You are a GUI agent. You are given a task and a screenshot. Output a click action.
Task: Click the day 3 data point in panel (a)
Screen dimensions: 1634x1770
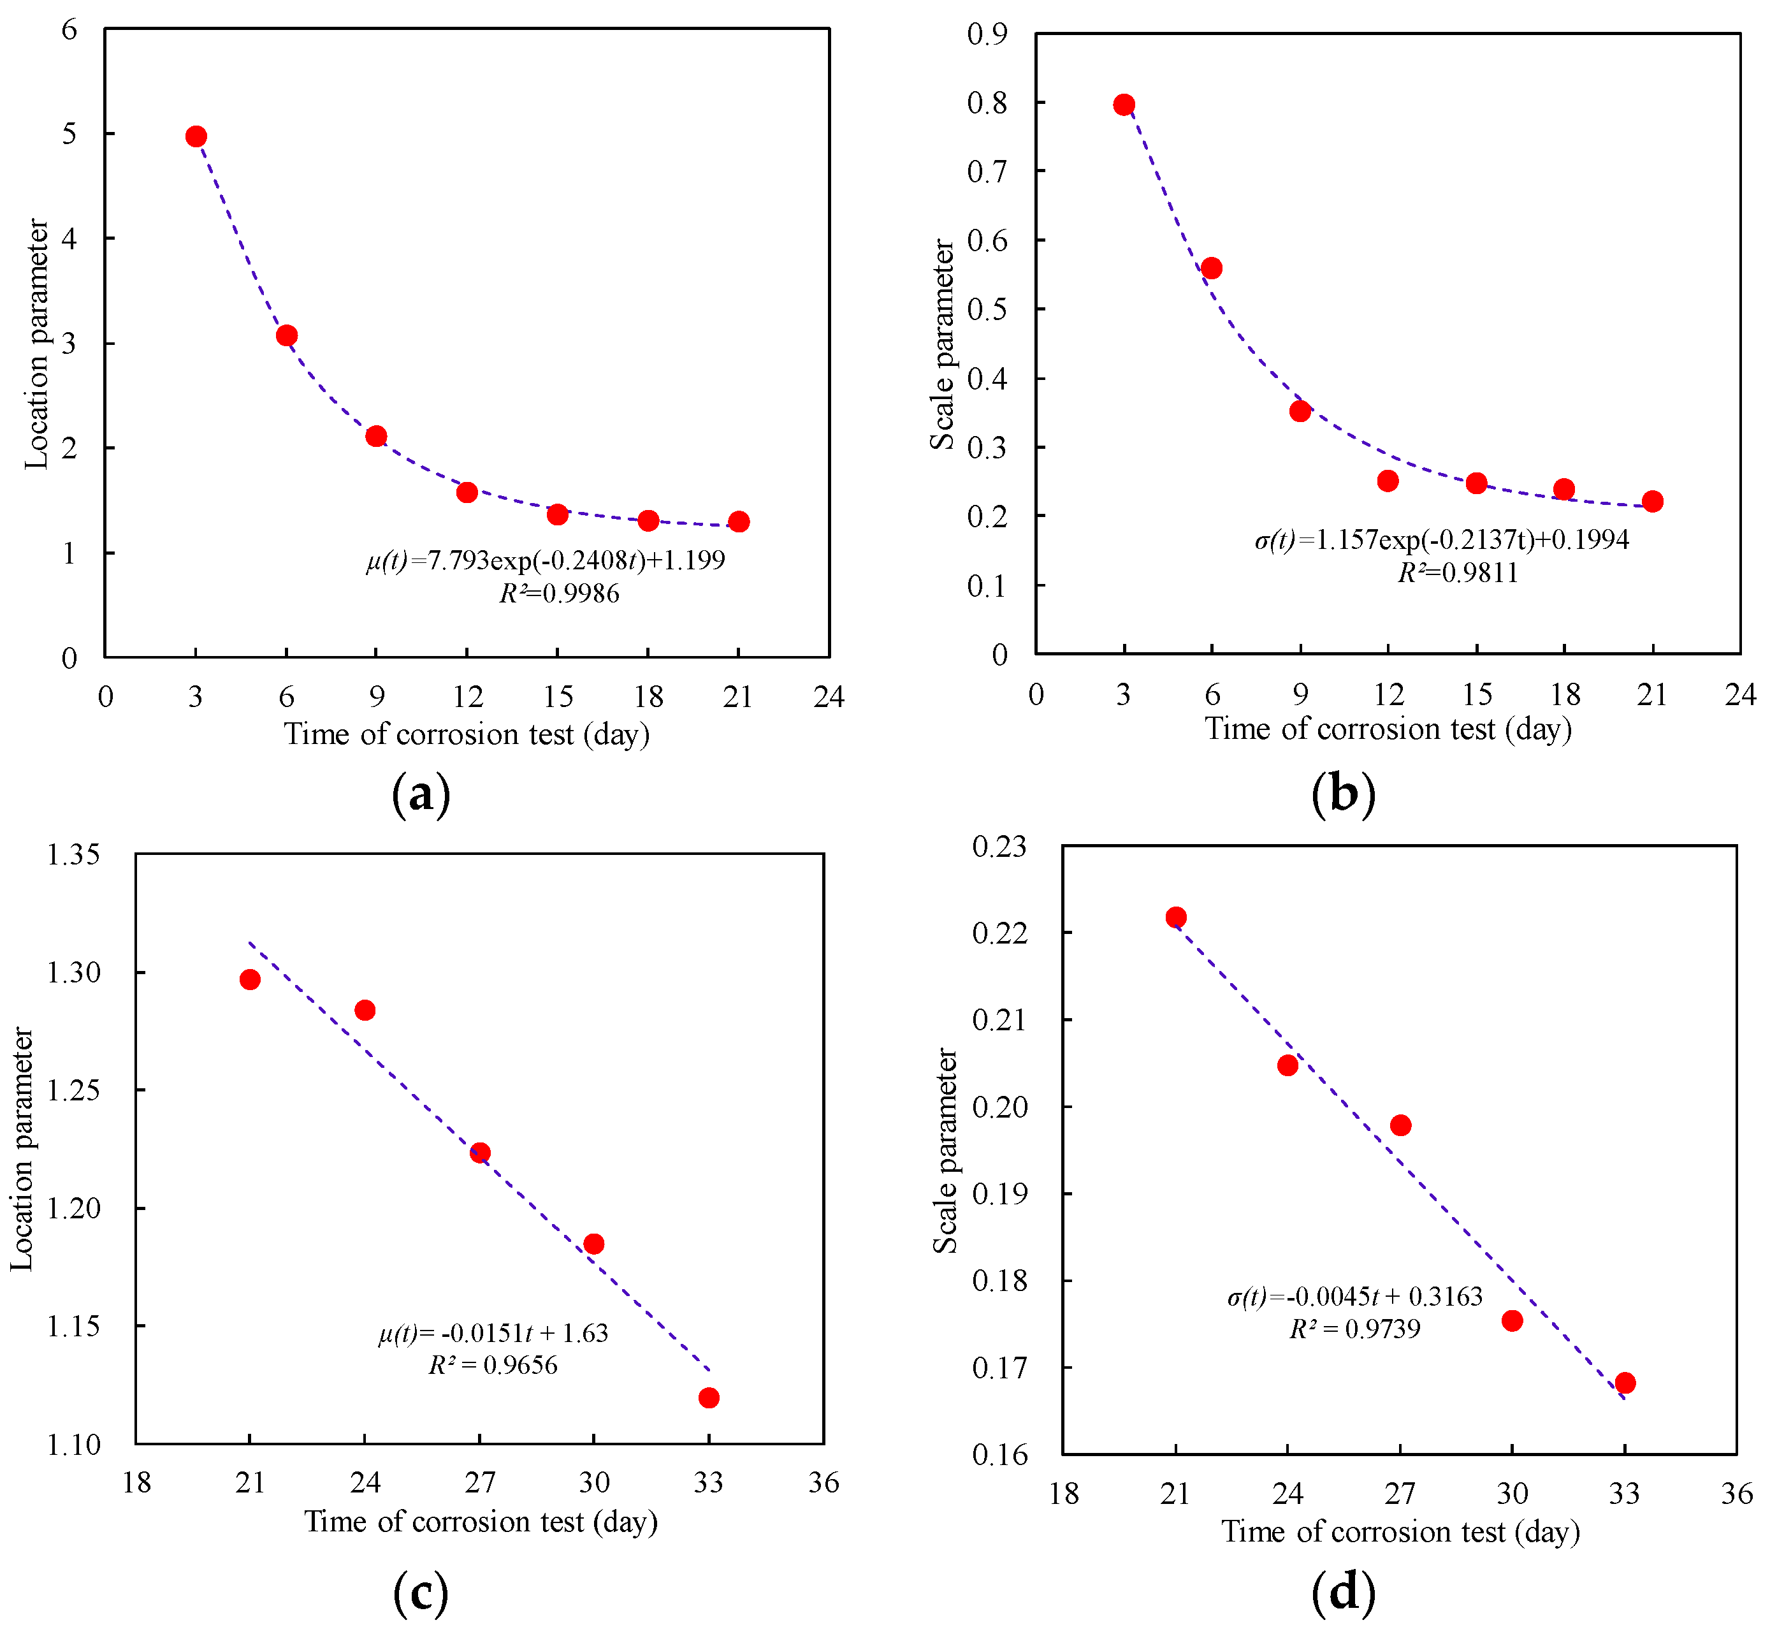pos(196,136)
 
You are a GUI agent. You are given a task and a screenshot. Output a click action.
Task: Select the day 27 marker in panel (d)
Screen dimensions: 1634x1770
pos(1400,1125)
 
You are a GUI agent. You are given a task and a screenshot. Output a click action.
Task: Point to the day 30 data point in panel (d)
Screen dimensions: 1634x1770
pos(1512,1320)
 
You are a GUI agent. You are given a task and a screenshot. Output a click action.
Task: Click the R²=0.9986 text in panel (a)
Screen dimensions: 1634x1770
pos(559,594)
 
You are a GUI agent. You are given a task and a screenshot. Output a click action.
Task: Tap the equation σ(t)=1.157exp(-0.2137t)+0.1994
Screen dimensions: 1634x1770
pos(1442,539)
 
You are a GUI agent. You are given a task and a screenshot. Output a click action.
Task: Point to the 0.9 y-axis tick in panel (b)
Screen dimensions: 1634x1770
pos(987,34)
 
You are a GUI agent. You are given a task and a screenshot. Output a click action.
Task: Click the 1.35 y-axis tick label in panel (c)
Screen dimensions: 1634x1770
pos(73,854)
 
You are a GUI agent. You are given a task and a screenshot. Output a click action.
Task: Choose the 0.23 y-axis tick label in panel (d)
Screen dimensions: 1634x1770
pos(999,846)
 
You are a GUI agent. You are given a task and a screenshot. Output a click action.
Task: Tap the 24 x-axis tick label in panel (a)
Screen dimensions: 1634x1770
pos(829,697)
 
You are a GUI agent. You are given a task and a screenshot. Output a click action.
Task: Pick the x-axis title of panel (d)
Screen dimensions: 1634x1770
pos(1400,1531)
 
